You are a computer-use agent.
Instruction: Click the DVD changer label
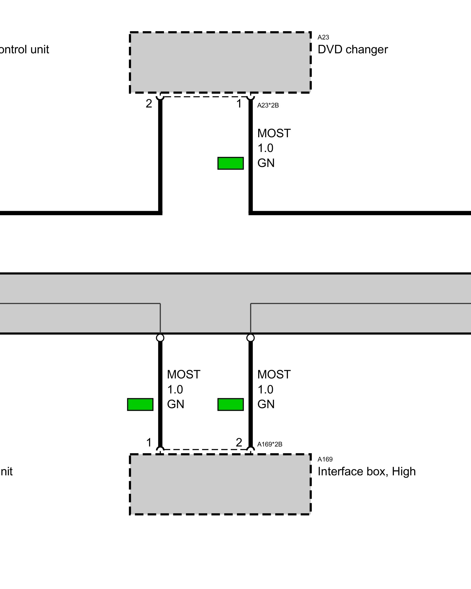pyautogui.click(x=352, y=49)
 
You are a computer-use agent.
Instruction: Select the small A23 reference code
pyautogui.click(x=323, y=37)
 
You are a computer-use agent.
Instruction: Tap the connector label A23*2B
pyautogui.click(x=268, y=105)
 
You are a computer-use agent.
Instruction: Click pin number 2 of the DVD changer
pyautogui.click(x=149, y=104)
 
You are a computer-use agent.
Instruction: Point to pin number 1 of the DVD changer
pyautogui.click(x=239, y=104)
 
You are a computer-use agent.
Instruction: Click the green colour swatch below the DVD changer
pyautogui.click(x=230, y=163)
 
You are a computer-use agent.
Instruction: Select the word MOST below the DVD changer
pyautogui.click(x=274, y=133)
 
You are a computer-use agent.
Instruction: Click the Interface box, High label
pyautogui.click(x=366, y=471)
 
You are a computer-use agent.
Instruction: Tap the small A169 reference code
pyautogui.click(x=325, y=459)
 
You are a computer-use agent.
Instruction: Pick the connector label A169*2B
pyautogui.click(x=269, y=444)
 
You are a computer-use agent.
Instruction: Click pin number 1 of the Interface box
pyautogui.click(x=149, y=442)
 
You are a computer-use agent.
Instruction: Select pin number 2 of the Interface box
pyautogui.click(x=239, y=442)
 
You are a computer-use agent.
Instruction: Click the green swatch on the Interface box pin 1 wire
pyautogui.click(x=140, y=404)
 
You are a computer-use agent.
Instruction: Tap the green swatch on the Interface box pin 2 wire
pyautogui.click(x=230, y=404)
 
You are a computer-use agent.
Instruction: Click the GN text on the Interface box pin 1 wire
pyautogui.click(x=175, y=404)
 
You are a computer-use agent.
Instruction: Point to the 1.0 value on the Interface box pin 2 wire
pyautogui.click(x=265, y=389)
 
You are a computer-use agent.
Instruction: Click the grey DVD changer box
pyautogui.click(x=220, y=62)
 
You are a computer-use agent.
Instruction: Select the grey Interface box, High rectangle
pyautogui.click(x=220, y=484)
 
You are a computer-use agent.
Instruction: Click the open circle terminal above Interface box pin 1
pyautogui.click(x=160, y=337)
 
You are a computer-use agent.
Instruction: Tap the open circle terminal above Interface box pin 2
pyautogui.click(x=251, y=337)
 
